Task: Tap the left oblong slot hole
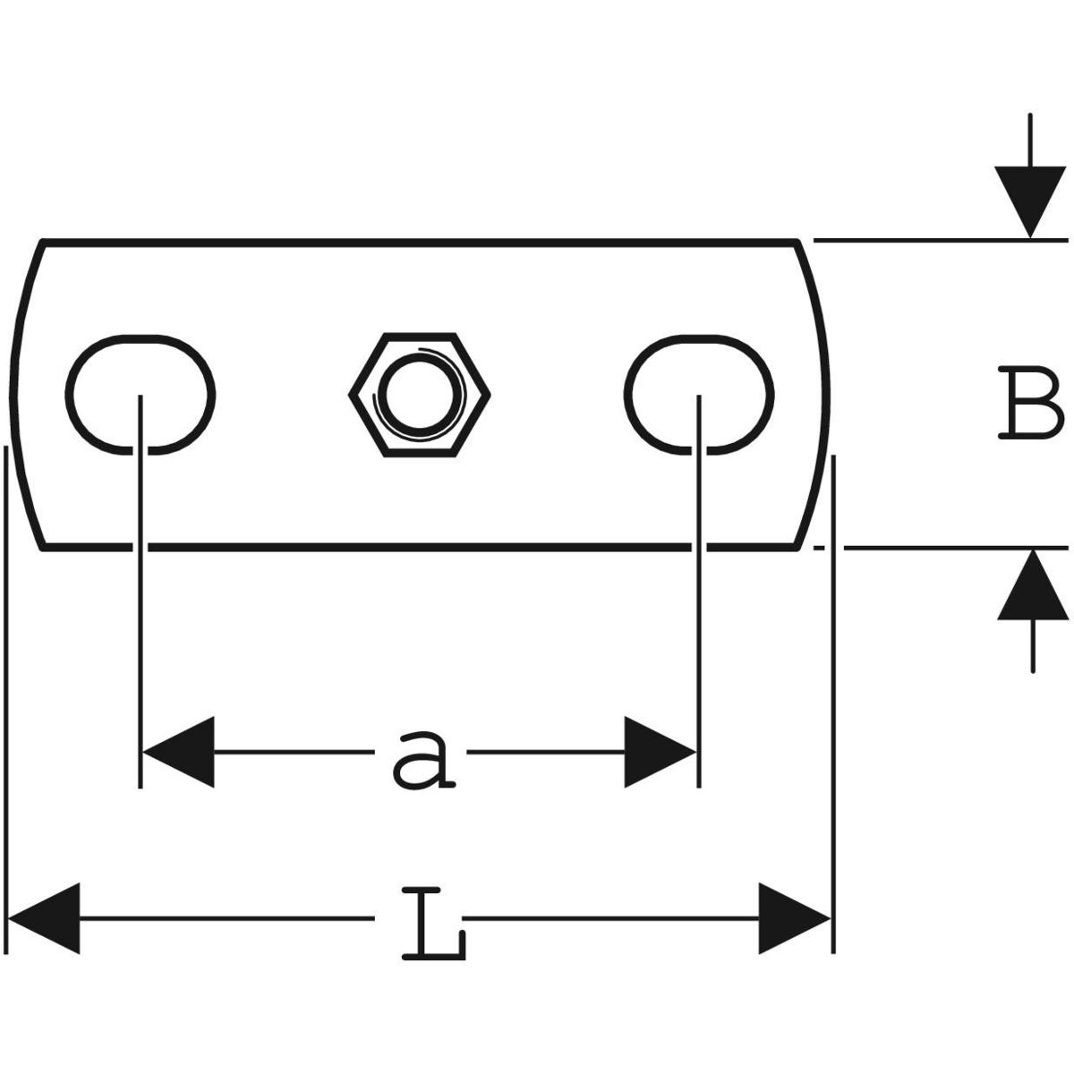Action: (x=141, y=394)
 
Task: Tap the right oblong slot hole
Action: (x=699, y=394)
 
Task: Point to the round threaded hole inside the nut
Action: (x=419, y=394)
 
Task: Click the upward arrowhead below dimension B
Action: (x=1034, y=586)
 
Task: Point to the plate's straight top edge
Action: (x=421, y=242)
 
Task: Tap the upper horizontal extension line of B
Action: (x=940, y=240)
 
